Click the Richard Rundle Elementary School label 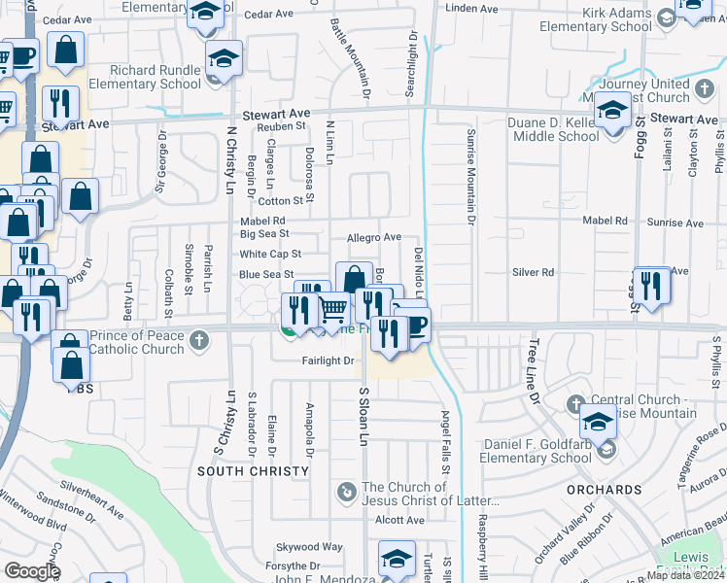click(156, 77)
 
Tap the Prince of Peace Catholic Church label click(136, 341)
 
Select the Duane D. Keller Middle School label click(553, 129)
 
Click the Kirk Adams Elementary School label click(616, 20)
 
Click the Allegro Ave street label click(374, 237)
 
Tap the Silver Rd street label click(534, 272)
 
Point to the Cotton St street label click(281, 201)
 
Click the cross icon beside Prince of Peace click(199, 340)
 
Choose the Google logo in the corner click(32, 571)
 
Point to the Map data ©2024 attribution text click(685, 575)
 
